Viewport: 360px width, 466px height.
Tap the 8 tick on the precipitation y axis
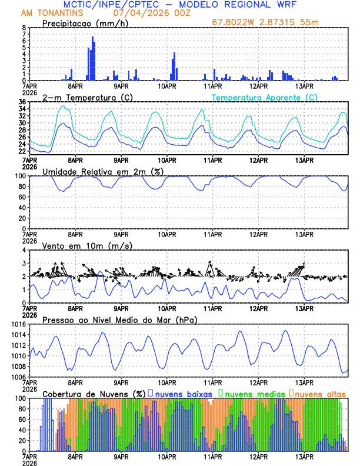click(24, 28)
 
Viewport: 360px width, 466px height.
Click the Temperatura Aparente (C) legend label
click(264, 98)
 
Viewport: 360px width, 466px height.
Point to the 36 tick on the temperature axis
click(22, 102)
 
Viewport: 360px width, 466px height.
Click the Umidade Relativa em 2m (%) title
click(104, 171)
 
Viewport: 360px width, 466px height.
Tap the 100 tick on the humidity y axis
click(19, 176)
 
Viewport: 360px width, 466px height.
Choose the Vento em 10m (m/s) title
click(85, 245)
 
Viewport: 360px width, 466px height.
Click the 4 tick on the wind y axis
click(24, 250)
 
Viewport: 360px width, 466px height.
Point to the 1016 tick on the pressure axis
click(17, 324)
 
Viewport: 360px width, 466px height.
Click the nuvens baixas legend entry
click(182, 393)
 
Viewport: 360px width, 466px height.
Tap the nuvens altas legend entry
click(319, 393)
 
